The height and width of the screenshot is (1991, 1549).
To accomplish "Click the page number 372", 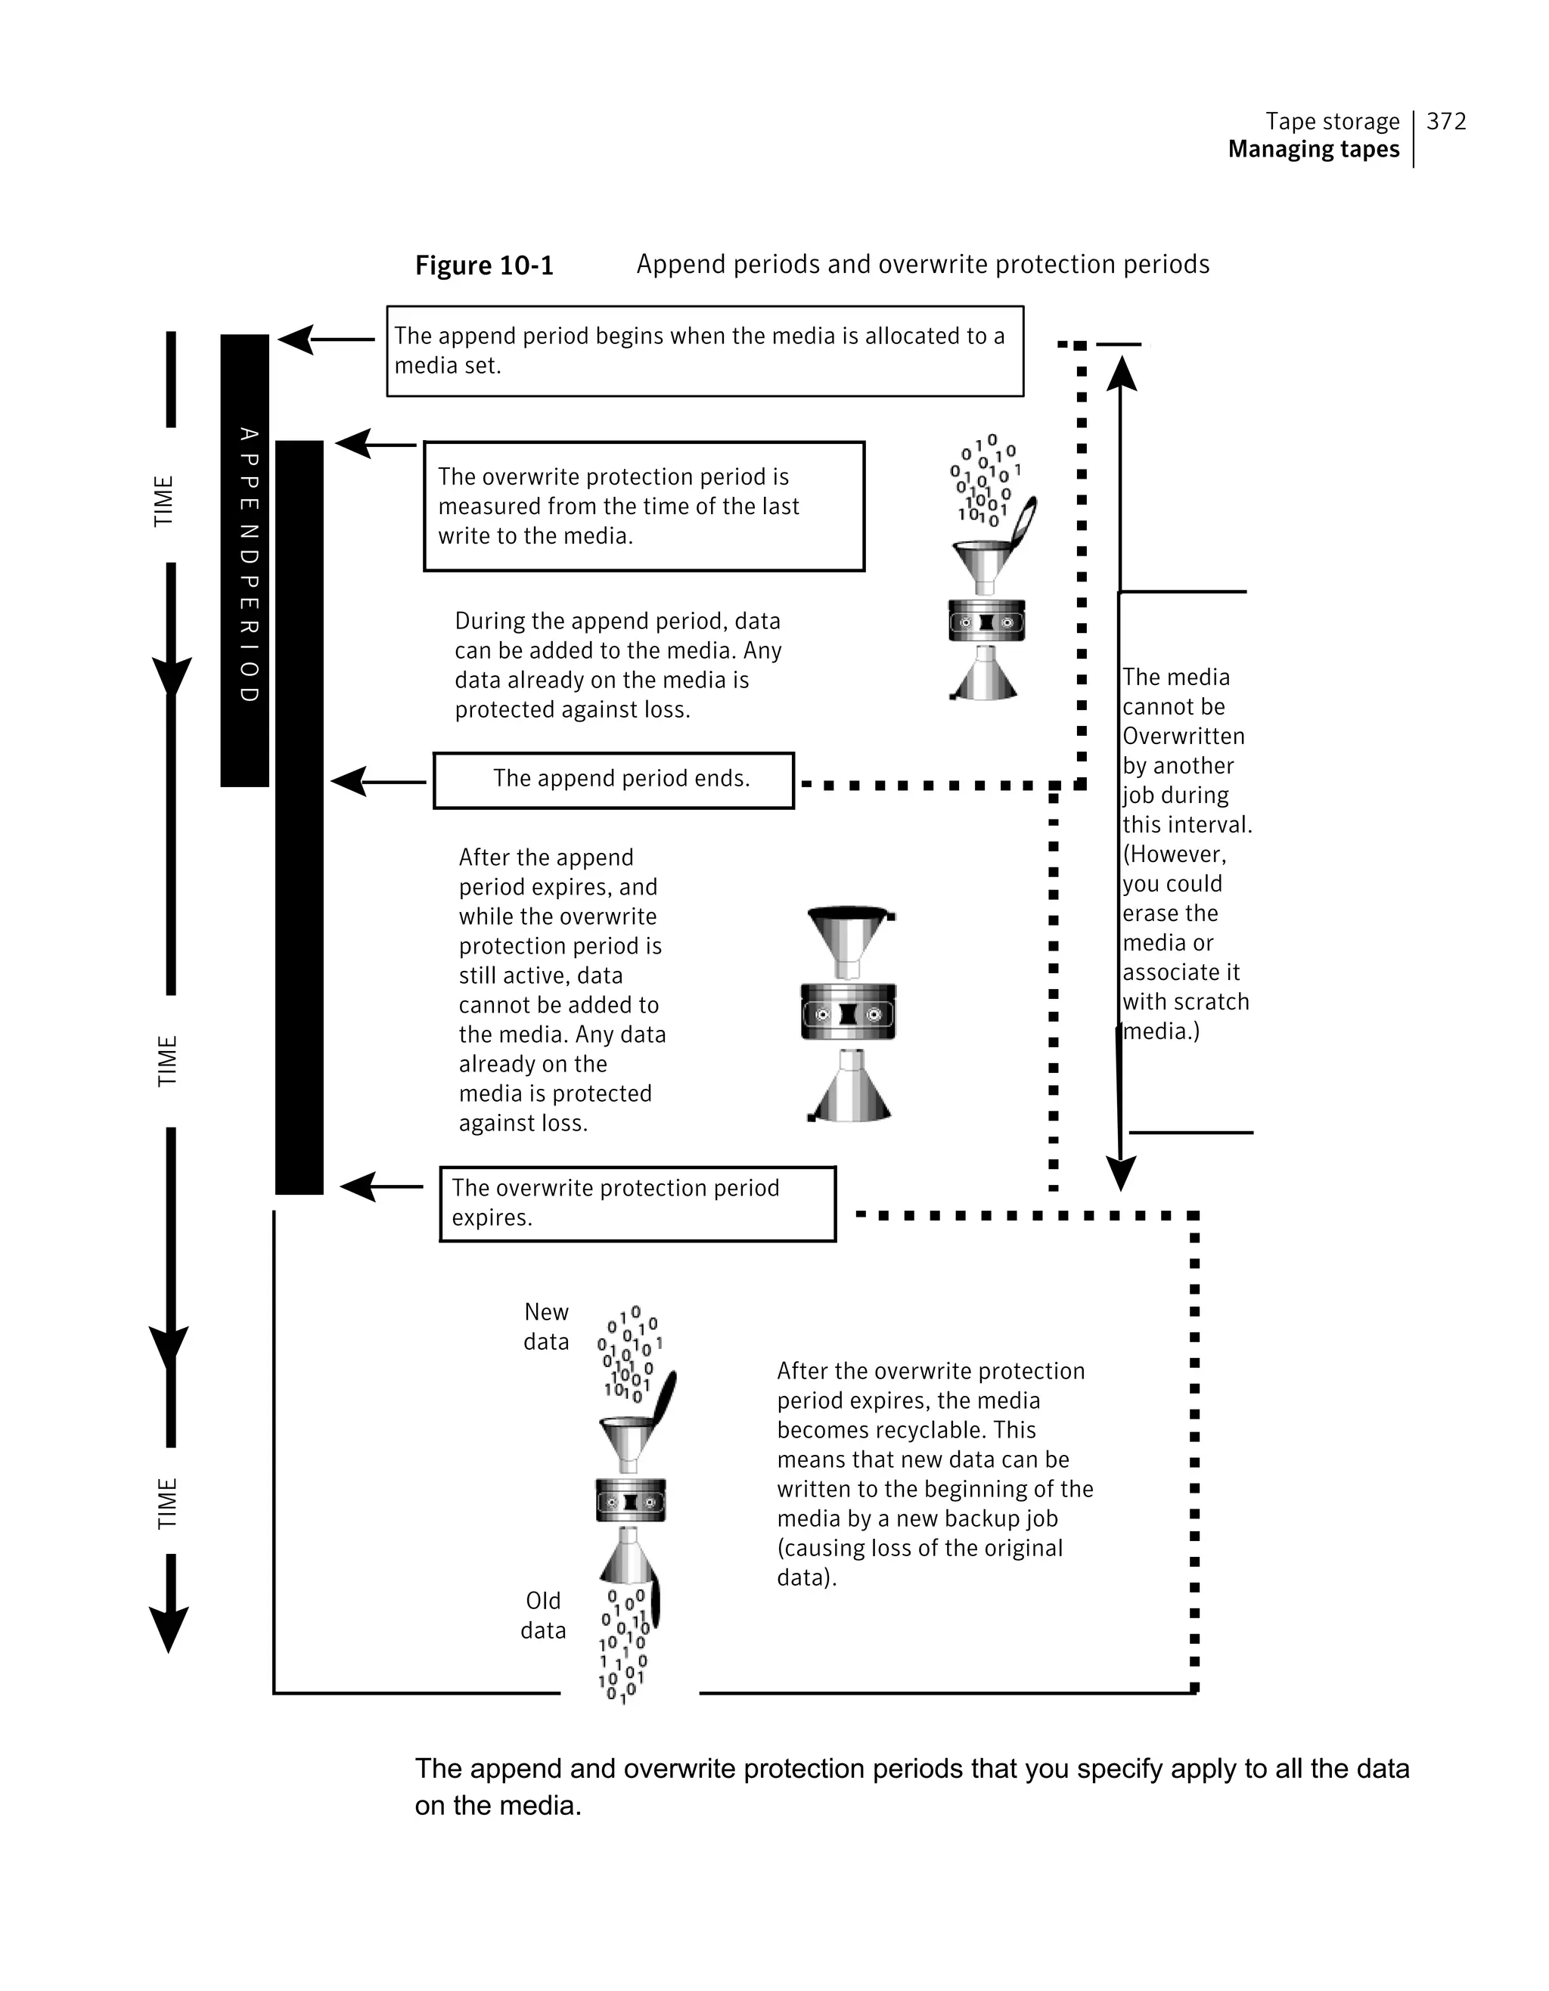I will pyautogui.click(x=1446, y=121).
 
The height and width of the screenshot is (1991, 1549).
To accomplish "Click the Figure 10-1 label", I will pyautogui.click(x=484, y=265).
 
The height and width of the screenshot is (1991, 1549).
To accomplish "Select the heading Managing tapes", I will pyautogui.click(x=1313, y=150).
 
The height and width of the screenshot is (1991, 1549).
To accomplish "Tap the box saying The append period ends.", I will pyautogui.click(x=613, y=780).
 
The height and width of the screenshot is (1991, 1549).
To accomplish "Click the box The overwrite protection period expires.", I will pyautogui.click(x=638, y=1203).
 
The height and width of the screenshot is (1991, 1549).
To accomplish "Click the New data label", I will pyautogui.click(x=546, y=1326).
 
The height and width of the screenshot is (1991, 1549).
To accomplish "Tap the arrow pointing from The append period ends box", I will pyautogui.click(x=377, y=781).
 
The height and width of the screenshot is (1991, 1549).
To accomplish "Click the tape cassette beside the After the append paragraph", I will pyautogui.click(x=848, y=1013).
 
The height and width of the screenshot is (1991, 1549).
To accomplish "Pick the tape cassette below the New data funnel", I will pyautogui.click(x=630, y=1499).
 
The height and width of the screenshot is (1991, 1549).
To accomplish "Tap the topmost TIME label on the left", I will pyautogui.click(x=163, y=501).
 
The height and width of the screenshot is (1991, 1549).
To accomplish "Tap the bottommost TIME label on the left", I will pyautogui.click(x=167, y=1503).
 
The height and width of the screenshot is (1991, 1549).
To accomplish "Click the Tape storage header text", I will pyautogui.click(x=1332, y=121).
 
